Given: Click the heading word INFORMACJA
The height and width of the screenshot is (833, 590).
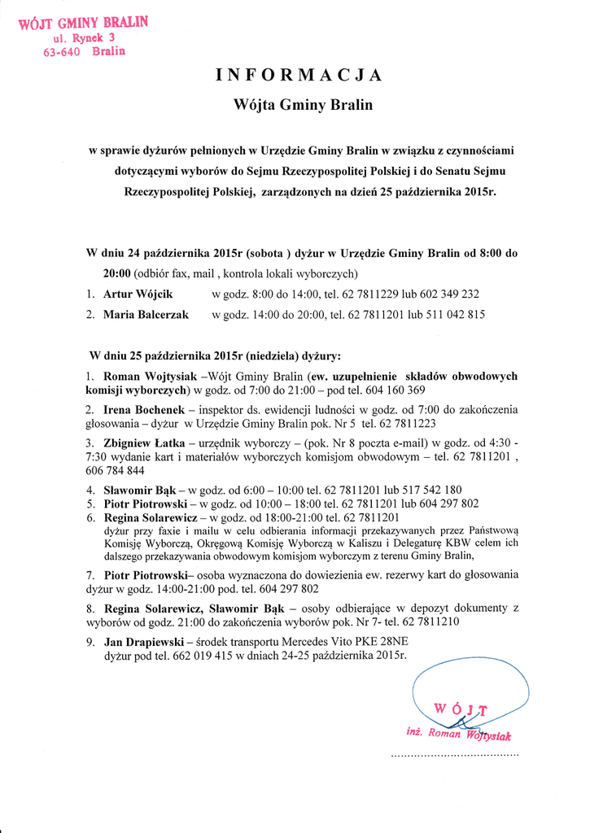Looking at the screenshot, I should point(299,76).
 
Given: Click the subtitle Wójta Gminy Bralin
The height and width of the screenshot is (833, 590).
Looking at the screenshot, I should point(303,105).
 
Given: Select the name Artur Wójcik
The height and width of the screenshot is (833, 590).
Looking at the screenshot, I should point(138,294).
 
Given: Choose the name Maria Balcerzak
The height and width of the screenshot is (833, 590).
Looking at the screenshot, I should point(146,315).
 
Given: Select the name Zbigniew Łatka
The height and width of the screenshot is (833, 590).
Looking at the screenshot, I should point(143,443).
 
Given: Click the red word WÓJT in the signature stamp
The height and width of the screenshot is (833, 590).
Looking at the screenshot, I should point(460,709).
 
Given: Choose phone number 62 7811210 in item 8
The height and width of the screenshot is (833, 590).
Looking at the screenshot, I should point(429,621).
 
